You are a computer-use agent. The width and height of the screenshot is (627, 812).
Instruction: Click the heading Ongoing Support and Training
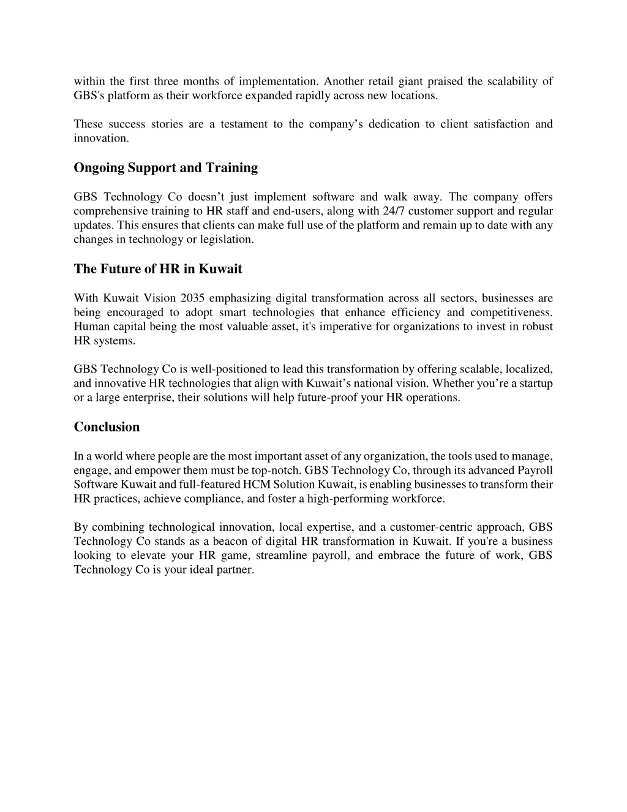165,168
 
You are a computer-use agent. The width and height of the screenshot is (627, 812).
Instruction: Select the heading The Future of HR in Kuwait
157,269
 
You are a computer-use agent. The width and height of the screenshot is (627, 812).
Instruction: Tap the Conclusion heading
107,427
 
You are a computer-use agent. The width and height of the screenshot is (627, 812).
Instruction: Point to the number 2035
192,298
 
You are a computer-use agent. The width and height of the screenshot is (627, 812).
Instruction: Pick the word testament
243,124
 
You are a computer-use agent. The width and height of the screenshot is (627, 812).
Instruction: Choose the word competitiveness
511,313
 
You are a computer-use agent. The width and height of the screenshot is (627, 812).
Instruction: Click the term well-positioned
228,369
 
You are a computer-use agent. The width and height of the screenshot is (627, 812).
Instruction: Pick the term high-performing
347,499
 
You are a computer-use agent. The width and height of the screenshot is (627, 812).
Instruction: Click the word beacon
231,541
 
